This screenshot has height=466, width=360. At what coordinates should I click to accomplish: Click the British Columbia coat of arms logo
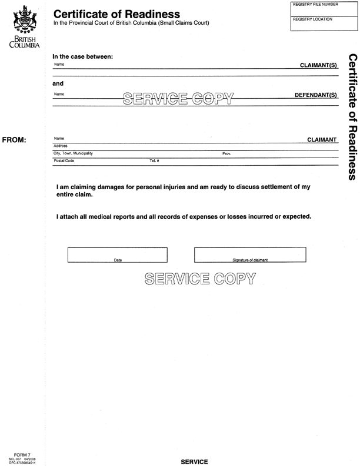click(x=23, y=20)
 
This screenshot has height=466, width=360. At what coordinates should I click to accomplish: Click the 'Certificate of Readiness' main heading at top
click(x=116, y=14)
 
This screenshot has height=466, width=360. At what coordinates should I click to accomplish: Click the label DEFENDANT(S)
click(x=316, y=94)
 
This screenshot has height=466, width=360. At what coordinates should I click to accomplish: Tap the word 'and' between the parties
click(x=58, y=83)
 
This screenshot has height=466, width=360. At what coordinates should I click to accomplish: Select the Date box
click(x=118, y=254)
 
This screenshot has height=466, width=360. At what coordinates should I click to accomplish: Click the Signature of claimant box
click(x=250, y=254)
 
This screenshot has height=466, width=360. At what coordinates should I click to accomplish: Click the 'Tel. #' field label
click(x=155, y=160)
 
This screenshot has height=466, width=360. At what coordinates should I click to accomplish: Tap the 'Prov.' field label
click(x=226, y=153)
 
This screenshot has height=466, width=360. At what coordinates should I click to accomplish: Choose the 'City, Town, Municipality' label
click(x=73, y=153)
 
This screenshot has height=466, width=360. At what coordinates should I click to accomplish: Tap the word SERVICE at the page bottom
click(x=195, y=462)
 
